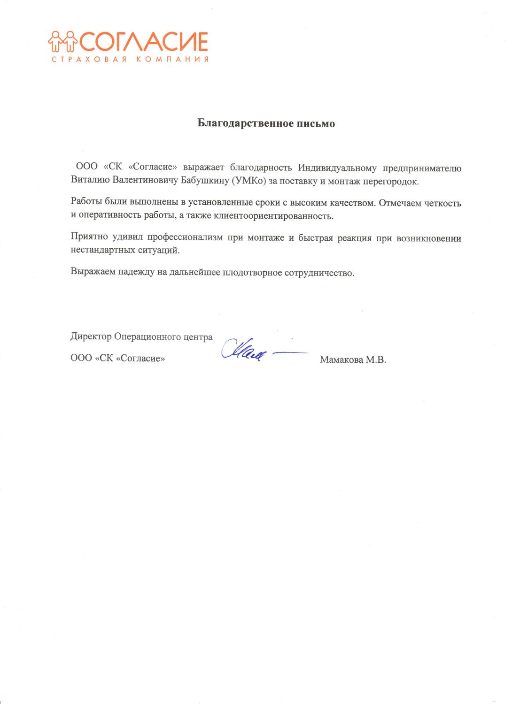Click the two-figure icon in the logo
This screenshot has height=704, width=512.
[x=62, y=41]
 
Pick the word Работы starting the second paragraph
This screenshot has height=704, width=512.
[x=87, y=204]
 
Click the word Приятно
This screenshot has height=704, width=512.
[x=88, y=238]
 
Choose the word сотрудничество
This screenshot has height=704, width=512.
[x=319, y=273]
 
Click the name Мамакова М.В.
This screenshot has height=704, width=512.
[x=352, y=360]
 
